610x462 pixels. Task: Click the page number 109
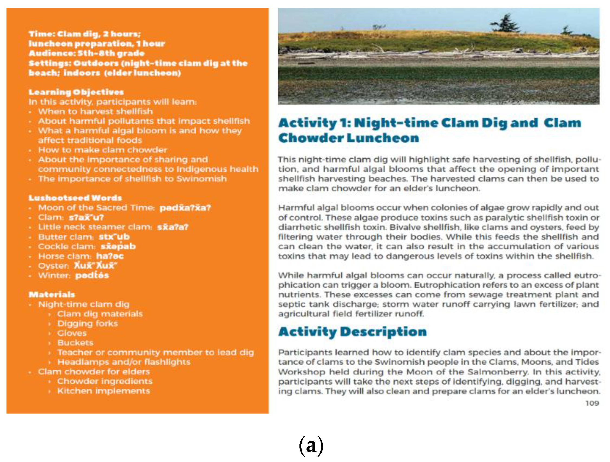pos(592,403)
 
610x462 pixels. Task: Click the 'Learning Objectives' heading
pos(76,92)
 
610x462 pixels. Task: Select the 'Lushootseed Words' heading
pos(75,198)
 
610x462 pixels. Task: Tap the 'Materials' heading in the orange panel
pos(51,294)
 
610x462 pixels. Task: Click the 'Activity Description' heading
pos(352,331)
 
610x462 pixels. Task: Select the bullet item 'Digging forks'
pos(87,323)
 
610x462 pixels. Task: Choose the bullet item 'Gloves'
pos(72,333)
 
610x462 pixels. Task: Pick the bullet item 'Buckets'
pos(75,343)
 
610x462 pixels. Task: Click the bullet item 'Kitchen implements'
pos(103,391)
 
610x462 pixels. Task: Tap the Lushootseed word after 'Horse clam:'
pos(110,256)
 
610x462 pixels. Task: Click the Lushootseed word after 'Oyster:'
pos(95,266)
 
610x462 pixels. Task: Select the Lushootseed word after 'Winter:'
pos(92,275)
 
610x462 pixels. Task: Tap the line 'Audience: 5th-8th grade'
pos(87,53)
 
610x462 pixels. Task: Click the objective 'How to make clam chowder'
pos(103,150)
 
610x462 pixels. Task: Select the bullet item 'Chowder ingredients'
pos(105,381)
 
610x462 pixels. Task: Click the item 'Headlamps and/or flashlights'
pos(123,362)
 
